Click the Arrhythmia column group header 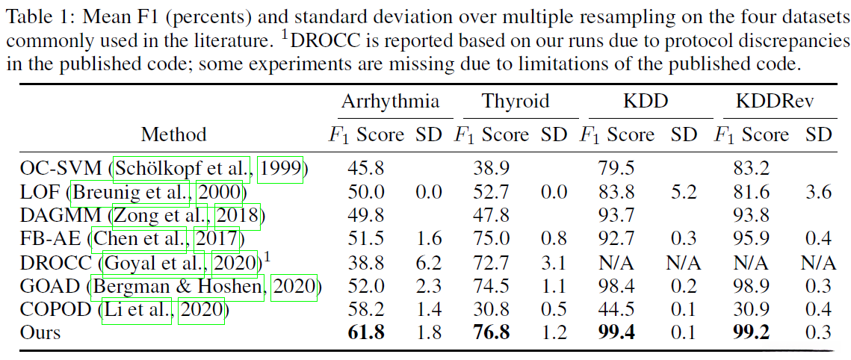(x=390, y=102)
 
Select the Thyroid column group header (x=515, y=102)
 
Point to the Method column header (x=173, y=134)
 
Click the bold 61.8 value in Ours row (x=366, y=332)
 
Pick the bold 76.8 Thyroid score (x=491, y=332)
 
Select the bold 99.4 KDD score (x=617, y=332)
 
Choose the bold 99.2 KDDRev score (x=751, y=332)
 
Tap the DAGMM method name (x=59, y=217)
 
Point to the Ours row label (x=40, y=332)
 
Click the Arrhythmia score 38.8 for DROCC (x=366, y=262)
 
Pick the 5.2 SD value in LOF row (x=684, y=193)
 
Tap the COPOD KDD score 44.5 (x=617, y=308)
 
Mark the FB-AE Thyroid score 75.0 (x=491, y=239)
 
